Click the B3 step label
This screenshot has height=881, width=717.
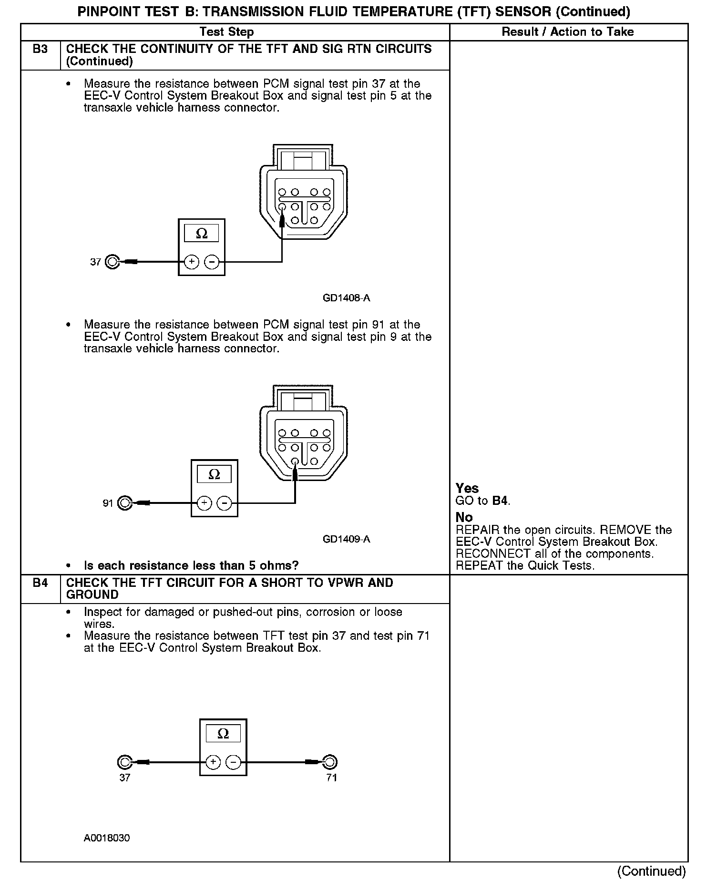41,49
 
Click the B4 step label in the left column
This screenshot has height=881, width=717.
41,583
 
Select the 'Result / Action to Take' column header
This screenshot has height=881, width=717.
568,32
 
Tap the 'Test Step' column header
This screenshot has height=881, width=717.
226,32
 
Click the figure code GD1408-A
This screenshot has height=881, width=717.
346,298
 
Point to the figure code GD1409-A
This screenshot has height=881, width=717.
346,539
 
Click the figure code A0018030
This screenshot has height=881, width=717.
107,838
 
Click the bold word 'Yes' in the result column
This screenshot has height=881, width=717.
467,488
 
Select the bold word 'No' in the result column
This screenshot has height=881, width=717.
464,517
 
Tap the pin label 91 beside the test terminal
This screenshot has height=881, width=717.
108,503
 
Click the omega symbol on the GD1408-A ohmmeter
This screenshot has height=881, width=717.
202,234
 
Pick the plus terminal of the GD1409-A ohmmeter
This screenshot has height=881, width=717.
204,503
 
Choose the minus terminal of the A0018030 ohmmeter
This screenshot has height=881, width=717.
233,762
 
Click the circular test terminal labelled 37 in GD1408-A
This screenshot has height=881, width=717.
113,262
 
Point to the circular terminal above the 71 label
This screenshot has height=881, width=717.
329,762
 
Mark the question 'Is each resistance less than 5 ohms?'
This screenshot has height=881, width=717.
191,565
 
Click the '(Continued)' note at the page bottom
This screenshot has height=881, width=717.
651,871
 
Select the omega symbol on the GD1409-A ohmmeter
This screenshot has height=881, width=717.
215,474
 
